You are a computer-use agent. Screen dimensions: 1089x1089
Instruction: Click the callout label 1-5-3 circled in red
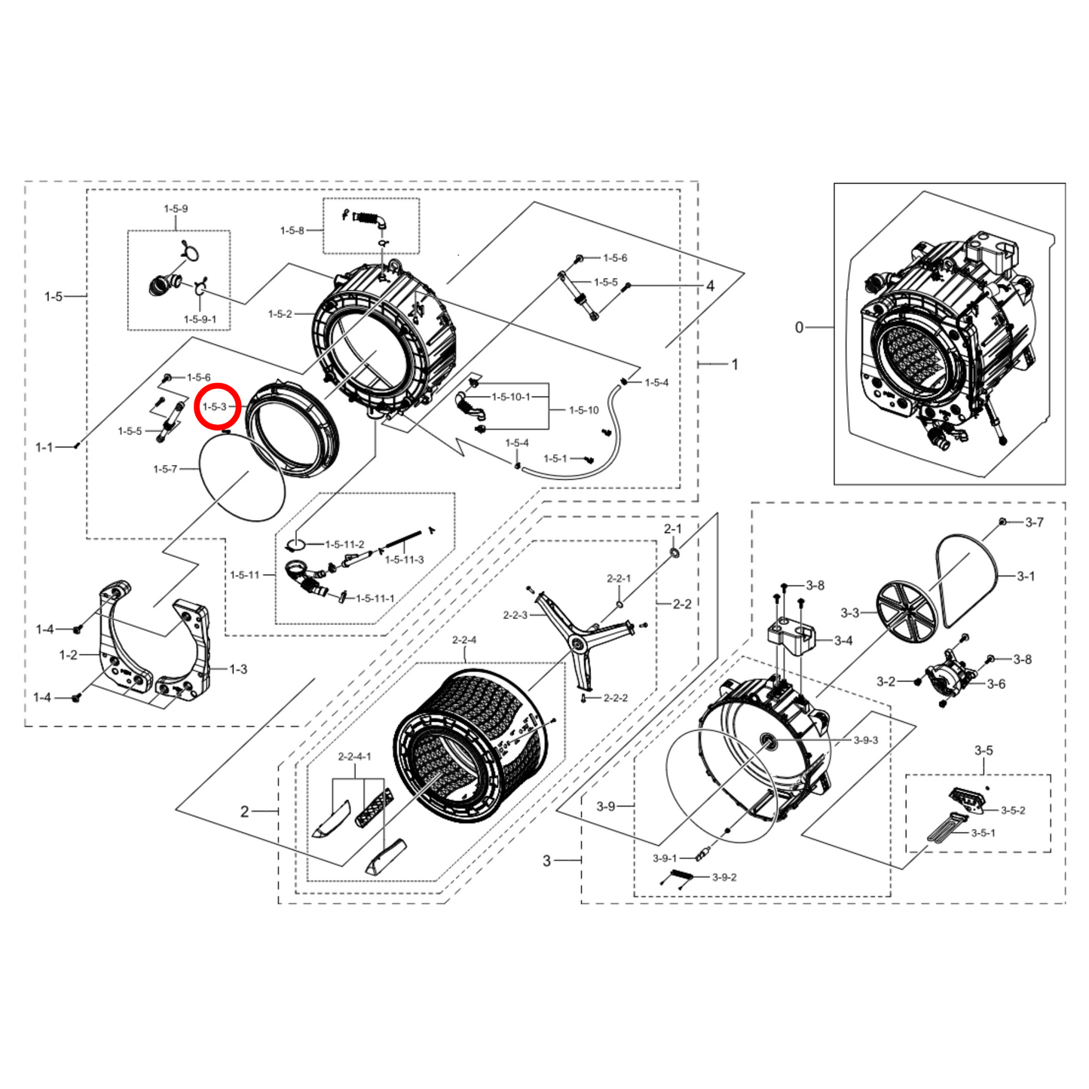[x=215, y=407]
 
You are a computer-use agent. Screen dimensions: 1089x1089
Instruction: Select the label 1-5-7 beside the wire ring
[x=165, y=469]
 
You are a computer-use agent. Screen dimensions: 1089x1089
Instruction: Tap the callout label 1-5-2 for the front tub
[x=280, y=314]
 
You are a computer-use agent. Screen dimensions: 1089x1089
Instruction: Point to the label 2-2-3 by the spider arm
[x=515, y=615]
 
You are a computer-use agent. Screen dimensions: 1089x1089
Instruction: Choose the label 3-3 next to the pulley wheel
[x=849, y=613]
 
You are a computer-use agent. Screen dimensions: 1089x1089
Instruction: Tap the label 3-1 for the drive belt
[x=1026, y=576]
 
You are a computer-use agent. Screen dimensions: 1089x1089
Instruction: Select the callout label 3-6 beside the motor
[x=996, y=684]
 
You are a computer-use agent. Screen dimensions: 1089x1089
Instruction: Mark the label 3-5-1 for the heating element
[x=983, y=833]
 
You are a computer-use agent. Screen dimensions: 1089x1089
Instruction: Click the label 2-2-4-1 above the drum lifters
[x=355, y=756]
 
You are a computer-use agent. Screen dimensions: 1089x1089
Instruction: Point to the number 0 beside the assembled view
[x=799, y=327]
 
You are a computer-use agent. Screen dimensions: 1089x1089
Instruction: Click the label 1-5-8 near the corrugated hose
[x=292, y=231]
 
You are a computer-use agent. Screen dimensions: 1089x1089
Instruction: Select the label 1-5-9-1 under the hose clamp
[x=200, y=320]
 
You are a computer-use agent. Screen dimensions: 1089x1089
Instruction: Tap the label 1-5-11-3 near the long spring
[x=405, y=560]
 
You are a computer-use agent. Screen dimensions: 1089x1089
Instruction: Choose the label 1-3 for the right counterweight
[x=238, y=669]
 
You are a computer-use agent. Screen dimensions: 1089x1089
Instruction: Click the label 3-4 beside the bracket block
[x=843, y=641]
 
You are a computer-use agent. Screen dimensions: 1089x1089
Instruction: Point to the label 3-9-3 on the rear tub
[x=866, y=740]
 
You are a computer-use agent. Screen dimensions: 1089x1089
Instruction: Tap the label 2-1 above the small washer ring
[x=672, y=529]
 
